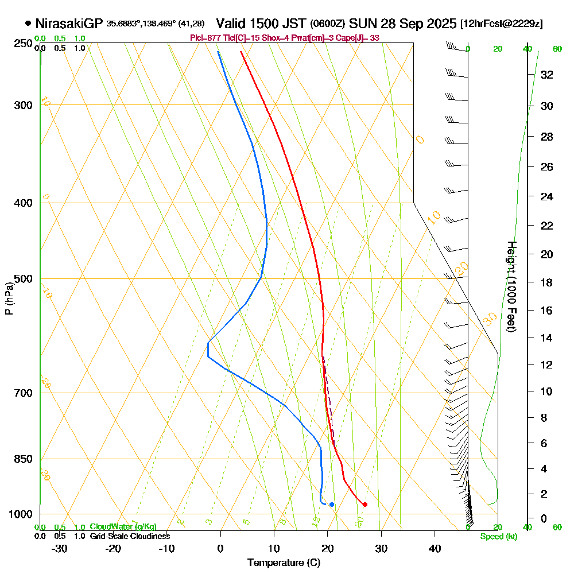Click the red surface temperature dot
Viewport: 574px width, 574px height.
pos(365,505)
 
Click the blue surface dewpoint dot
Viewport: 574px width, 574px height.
pos(332,505)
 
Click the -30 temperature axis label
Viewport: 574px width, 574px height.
pos(60,549)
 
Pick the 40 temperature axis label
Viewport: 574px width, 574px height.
pos(435,549)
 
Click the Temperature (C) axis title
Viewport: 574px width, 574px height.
pos(284,563)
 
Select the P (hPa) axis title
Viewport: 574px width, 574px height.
pos(9,298)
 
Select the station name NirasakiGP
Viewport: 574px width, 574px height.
pos(69,24)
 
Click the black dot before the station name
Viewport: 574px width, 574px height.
pos(28,24)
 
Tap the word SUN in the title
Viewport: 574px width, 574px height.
pos(362,24)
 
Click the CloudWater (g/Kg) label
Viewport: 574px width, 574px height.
pos(123,527)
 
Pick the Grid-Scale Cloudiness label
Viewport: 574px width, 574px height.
pos(130,536)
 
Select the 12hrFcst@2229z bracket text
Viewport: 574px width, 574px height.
pos(501,24)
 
